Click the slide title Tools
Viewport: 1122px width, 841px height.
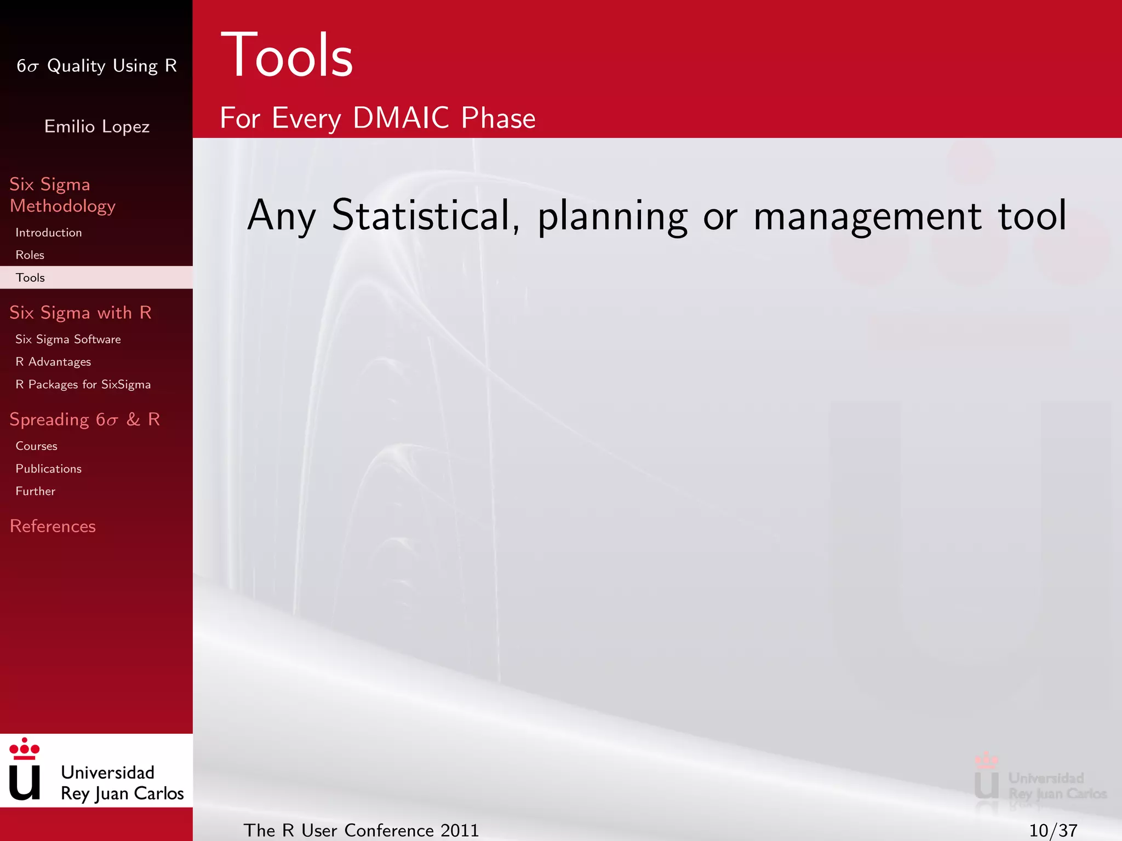[287, 55]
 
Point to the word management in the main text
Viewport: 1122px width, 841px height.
[867, 215]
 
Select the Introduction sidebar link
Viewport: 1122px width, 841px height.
[49, 233]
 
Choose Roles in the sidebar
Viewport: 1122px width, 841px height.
[30, 255]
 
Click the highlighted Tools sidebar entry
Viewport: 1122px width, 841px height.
[31, 278]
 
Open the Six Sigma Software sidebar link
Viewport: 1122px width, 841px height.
[68, 339]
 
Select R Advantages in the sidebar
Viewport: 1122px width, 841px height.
[53, 362]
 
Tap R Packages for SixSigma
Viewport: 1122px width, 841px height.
[83, 384]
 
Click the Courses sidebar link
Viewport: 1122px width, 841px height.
[36, 446]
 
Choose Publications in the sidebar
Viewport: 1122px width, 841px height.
[48, 469]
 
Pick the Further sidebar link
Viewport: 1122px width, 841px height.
[35, 491]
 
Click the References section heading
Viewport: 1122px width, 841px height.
[53, 526]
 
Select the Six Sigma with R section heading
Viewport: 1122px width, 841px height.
[80, 313]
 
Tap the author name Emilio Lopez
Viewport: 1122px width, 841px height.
[97, 126]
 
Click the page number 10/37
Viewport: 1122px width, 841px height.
[1053, 831]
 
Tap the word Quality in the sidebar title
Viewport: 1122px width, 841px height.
[76, 66]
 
